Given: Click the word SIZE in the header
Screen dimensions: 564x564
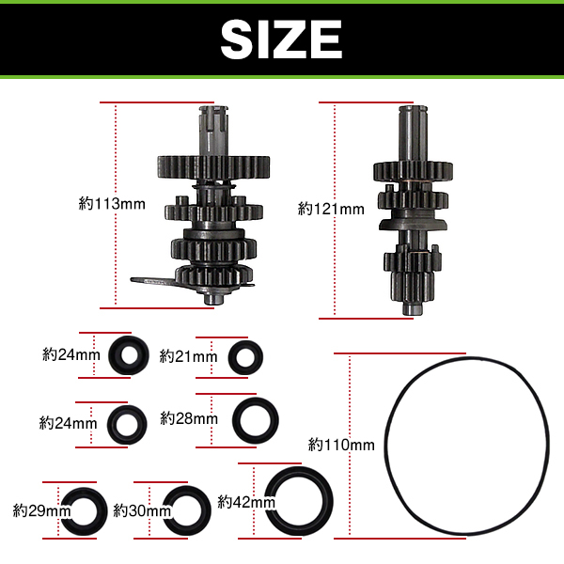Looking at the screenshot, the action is coord(281,39).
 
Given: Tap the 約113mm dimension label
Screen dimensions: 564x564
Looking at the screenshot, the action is coord(112,204).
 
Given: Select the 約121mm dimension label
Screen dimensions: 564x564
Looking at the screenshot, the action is coord(331,209).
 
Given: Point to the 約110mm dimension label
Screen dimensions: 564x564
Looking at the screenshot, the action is coord(341,445).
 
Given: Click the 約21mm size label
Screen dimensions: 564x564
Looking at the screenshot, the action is coord(188,356).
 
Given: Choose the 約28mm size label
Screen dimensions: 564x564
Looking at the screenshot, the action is coord(189,418).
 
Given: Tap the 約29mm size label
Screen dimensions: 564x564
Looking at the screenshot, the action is coord(41,510).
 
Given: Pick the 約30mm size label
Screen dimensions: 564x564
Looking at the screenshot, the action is coord(142,510).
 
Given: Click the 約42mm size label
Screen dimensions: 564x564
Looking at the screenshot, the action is coord(246,501).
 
